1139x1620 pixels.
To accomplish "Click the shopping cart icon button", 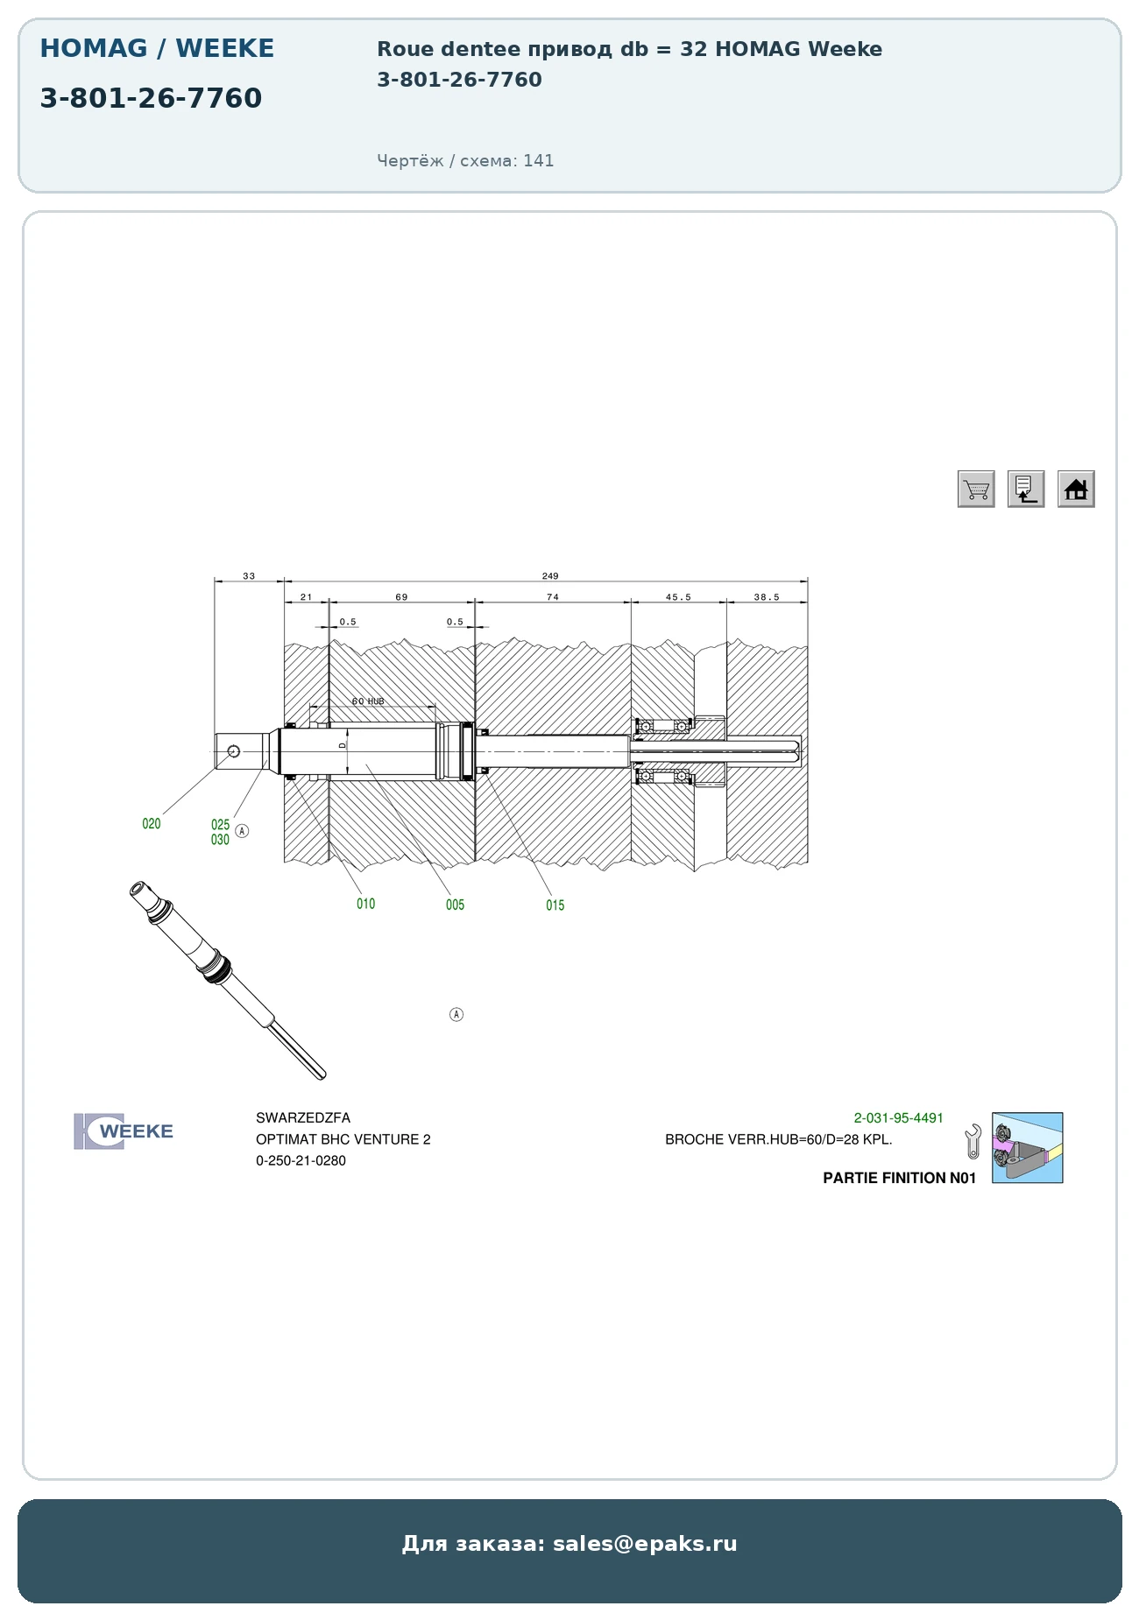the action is coord(976,489).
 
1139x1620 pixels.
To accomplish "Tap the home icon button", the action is coord(1076,489).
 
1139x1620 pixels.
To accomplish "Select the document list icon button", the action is coord(1026,489).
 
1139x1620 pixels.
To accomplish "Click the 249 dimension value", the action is coord(550,576).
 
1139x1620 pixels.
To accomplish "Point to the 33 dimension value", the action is coord(249,576).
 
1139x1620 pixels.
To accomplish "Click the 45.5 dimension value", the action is coord(678,597).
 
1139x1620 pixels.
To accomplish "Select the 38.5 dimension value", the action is coord(767,597).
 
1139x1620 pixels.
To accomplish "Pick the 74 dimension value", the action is coord(553,597).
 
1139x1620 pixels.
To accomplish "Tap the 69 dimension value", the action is coord(401,597).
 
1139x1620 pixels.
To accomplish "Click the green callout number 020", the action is coord(152,824).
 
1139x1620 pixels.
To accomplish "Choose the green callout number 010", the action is coord(366,904).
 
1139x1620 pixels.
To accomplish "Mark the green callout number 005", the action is coord(455,905).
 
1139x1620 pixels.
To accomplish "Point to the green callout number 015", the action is coord(555,905).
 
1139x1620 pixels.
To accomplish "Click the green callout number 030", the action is coord(220,840).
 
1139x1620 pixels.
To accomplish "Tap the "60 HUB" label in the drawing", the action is coord(368,701).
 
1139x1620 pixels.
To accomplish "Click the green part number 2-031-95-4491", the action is coord(899,1118).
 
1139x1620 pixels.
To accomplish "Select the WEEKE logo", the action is coord(124,1131).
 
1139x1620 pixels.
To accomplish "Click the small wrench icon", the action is coord(973,1142).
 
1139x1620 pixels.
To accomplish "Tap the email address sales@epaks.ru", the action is coord(645,1544).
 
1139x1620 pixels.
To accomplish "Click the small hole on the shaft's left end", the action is coord(234,751).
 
